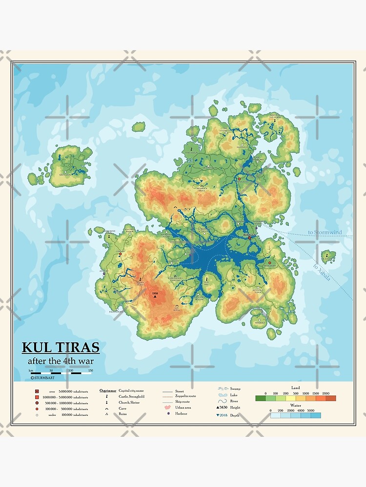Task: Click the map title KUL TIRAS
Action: [x=61, y=348]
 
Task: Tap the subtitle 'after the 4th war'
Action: [x=61, y=361]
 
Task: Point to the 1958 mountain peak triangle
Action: [x=155, y=297]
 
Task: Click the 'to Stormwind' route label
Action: [x=325, y=233]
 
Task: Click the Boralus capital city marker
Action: [x=249, y=238]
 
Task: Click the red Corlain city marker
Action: [x=120, y=254]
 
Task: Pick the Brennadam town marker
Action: [x=239, y=179]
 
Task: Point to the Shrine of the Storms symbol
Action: [x=273, y=119]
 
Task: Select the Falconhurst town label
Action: [x=116, y=311]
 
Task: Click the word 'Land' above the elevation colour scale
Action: [x=295, y=388]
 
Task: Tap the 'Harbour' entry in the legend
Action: [x=181, y=413]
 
